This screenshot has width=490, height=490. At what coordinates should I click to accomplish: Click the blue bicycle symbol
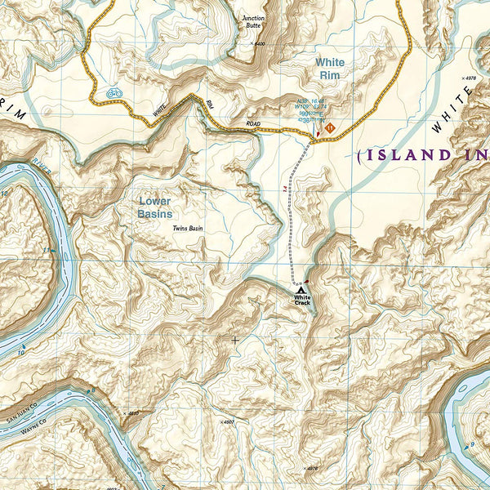click(x=114, y=94)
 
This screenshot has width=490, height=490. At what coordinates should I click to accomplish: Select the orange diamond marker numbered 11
click(x=330, y=128)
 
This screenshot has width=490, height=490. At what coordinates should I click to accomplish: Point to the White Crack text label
click(x=302, y=301)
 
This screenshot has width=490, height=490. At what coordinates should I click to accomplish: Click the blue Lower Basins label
click(x=155, y=207)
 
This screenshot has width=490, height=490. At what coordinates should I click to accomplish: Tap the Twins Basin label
click(x=187, y=228)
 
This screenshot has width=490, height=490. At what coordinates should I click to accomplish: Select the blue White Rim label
click(x=330, y=69)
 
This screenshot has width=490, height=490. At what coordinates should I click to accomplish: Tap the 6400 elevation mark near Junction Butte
click(x=259, y=44)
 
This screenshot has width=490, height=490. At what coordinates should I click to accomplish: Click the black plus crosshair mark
click(x=236, y=340)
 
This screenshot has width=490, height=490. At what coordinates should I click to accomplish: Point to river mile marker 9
click(x=471, y=444)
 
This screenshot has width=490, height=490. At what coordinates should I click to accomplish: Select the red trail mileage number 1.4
click(x=285, y=189)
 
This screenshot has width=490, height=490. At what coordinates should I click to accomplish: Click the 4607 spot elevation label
click(x=228, y=422)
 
